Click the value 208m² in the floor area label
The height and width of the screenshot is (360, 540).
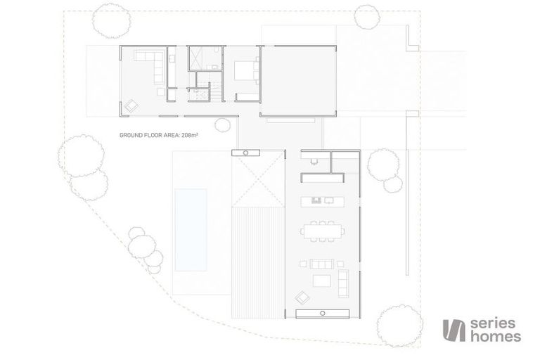click(189, 135)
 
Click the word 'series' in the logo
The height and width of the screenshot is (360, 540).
click(492, 324)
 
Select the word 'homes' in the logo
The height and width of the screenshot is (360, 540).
click(496, 336)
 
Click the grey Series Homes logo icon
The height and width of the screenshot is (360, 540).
click(454, 330)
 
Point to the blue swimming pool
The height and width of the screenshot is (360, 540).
click(191, 230)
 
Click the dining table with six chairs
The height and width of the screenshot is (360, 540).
click(322, 231)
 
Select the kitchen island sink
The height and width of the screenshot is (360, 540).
click(316, 200)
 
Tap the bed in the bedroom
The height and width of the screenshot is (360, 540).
click(245, 70)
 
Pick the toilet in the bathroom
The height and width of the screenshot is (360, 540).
click(217, 50)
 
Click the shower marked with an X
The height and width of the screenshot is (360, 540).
click(198, 57)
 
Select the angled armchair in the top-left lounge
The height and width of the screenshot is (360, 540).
click(131, 105)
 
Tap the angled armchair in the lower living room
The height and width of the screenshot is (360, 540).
click(302, 297)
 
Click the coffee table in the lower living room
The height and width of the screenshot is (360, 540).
click(321, 281)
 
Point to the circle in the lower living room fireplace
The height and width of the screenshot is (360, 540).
click(322, 313)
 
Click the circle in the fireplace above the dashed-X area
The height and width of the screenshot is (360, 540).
click(245, 153)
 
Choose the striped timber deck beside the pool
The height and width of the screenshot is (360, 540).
click(258, 262)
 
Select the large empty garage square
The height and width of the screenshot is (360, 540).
click(298, 81)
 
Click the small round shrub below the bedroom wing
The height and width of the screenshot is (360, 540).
click(222, 125)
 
